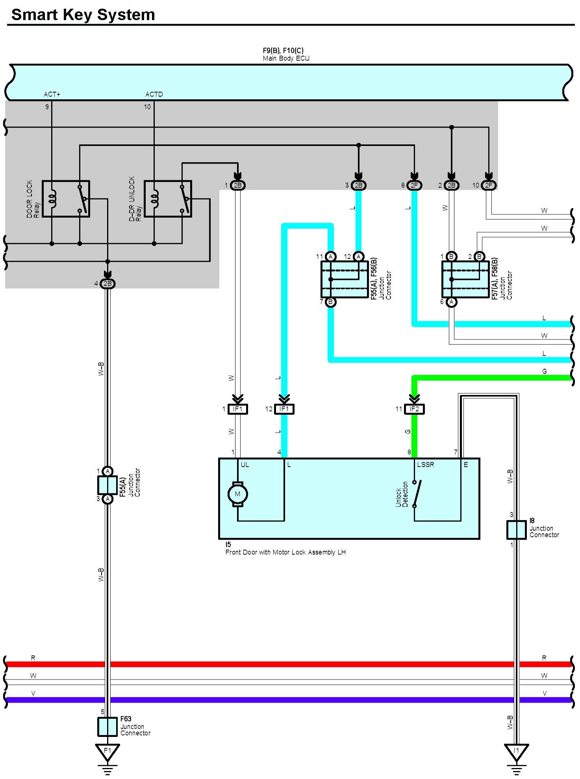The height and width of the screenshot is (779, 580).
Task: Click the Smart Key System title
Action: (x=83, y=15)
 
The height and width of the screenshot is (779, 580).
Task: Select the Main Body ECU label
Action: (x=286, y=58)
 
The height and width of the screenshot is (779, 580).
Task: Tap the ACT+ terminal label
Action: (x=52, y=94)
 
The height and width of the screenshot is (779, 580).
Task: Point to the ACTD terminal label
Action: (x=154, y=94)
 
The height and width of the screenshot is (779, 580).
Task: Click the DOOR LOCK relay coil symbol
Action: (x=52, y=198)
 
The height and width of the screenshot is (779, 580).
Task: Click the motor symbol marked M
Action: (x=237, y=494)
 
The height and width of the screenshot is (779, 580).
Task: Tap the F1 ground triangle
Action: (x=107, y=751)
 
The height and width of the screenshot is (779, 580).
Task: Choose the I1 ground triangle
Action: (x=516, y=751)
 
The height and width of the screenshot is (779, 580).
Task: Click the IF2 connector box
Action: (x=414, y=409)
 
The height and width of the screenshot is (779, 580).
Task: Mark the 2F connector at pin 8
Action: (x=414, y=185)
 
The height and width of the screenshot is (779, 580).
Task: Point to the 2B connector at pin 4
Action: (x=107, y=284)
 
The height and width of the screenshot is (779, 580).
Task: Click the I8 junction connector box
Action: (x=516, y=530)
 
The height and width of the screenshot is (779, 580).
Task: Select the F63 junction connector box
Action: (x=107, y=726)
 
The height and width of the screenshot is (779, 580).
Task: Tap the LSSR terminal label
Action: (x=425, y=465)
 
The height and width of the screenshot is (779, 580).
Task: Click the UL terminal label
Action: (x=245, y=465)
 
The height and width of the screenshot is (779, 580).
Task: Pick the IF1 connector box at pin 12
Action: (x=284, y=409)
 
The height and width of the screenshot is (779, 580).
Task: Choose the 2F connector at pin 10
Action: (x=488, y=185)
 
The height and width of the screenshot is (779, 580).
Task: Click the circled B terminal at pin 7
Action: (x=331, y=302)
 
